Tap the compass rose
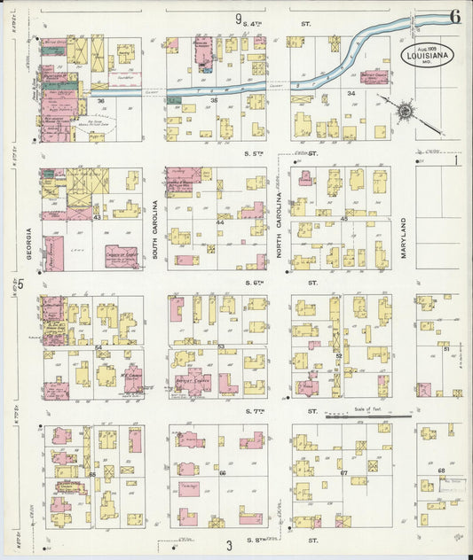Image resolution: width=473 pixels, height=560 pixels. point(405,111)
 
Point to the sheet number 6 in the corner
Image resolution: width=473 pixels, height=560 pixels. point(453,16)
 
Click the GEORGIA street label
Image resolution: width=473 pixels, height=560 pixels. point(28,244)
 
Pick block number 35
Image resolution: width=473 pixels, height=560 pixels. point(214,102)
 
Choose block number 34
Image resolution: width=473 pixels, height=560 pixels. point(351,93)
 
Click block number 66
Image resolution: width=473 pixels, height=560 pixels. point(222,474)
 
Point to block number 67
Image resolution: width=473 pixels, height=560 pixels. point(343,474)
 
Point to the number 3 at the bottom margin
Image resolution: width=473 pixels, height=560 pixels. point(228,545)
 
